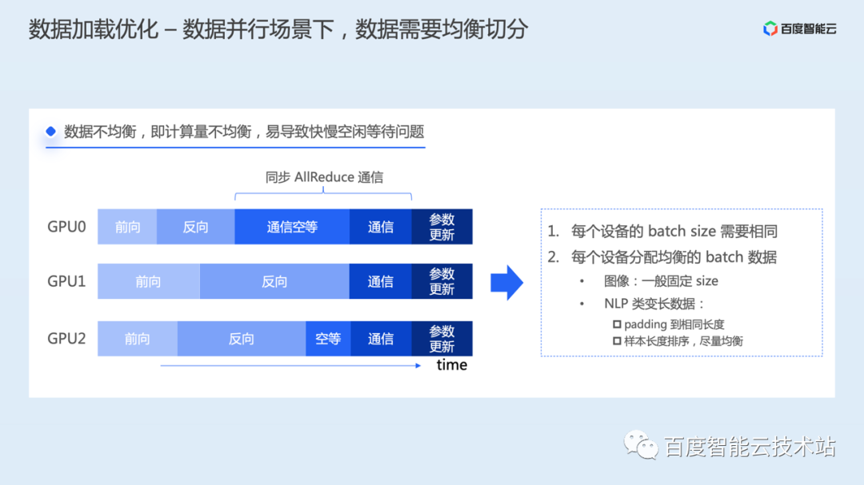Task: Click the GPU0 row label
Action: tap(66, 226)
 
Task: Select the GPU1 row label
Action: tap(66, 281)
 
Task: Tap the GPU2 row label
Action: tap(66, 338)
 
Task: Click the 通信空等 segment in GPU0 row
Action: tap(292, 227)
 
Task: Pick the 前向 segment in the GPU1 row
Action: tap(148, 281)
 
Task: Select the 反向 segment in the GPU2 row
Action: tap(241, 339)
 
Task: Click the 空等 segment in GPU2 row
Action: tap(328, 339)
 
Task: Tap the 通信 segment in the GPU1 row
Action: tap(381, 281)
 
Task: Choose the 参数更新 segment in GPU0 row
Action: tap(442, 227)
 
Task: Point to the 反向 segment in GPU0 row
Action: tap(195, 227)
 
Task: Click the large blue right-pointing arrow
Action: tap(506, 282)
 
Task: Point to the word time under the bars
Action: tap(451, 365)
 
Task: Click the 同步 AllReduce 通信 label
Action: tap(324, 177)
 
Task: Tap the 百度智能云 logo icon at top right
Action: tap(770, 30)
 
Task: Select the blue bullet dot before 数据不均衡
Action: tap(51, 131)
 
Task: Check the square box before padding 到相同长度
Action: tap(617, 324)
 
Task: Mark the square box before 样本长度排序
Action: tap(617, 341)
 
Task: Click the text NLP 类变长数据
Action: tap(654, 304)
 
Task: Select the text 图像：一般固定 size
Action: tap(661, 281)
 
